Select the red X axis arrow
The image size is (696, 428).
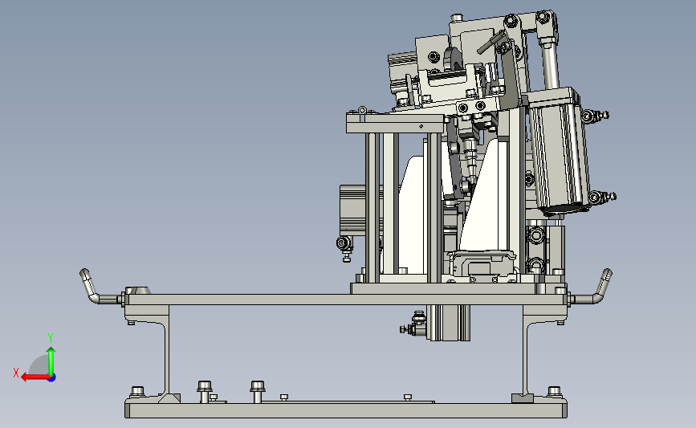pyautogui.click(x=35, y=377)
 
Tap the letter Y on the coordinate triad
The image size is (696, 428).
pyautogui.click(x=51, y=338)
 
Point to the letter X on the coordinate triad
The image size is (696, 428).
pyautogui.click(x=16, y=373)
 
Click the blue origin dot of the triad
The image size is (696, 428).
pyautogui.click(x=52, y=378)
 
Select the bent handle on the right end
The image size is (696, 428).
pyautogui.click(x=592, y=287)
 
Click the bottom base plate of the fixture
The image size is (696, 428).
pyautogui.click(x=346, y=410)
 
